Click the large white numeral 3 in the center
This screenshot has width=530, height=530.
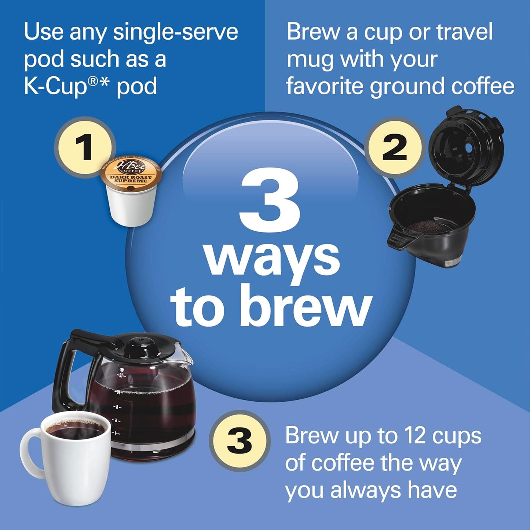coord(270,201)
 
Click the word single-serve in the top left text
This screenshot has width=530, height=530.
coord(175,32)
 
